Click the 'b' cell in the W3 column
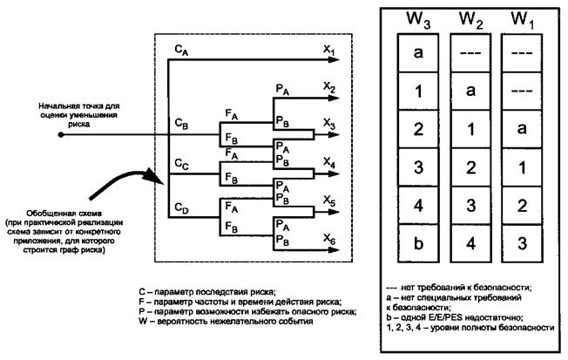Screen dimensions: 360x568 419,243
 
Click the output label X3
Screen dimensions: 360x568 328,125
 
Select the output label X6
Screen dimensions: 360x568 328,237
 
